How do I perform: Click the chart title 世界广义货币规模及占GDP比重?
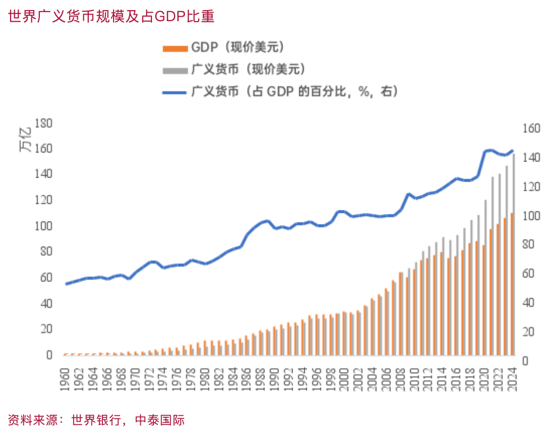[111, 16]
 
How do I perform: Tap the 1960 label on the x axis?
[65, 383]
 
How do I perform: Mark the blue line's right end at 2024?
[513, 150]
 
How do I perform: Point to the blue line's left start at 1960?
[66, 284]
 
